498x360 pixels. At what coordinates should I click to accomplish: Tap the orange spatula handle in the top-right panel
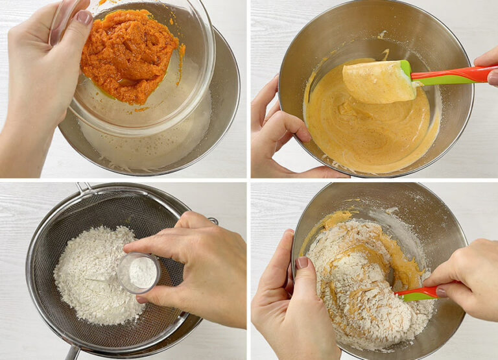click(x=454, y=75)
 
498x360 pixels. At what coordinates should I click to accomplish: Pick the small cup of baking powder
click(x=139, y=272)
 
